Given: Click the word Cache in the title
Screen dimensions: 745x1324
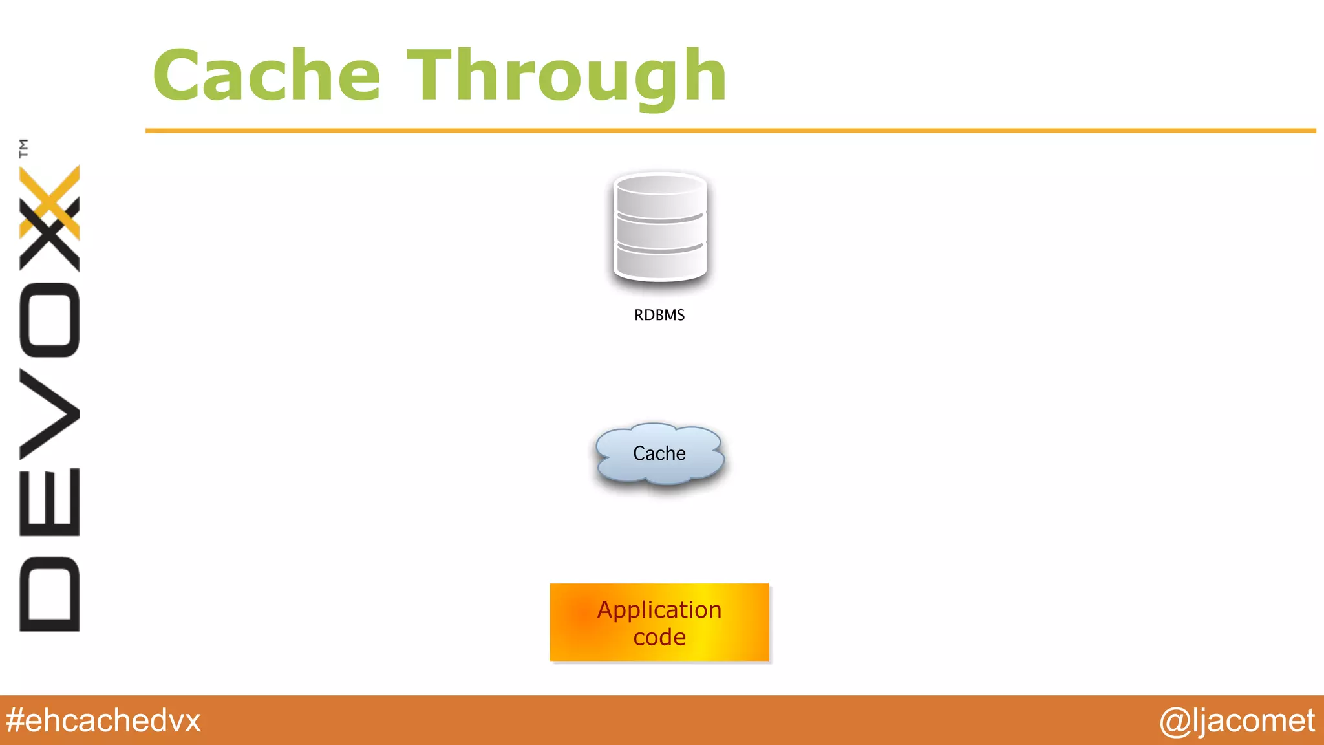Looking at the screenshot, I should (x=266, y=76).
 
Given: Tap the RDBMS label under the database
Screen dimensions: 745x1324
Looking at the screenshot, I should (x=659, y=315).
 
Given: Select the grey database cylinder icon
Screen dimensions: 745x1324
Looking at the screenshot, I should (x=659, y=228).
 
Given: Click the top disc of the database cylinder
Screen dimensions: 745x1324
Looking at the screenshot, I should (x=659, y=194).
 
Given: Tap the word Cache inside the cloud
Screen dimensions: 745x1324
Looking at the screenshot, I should (x=659, y=453).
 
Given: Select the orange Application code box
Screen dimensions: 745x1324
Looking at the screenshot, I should (x=659, y=622).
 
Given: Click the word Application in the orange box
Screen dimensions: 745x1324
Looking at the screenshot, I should (x=659, y=610).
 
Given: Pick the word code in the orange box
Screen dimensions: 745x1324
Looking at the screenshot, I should (x=659, y=638).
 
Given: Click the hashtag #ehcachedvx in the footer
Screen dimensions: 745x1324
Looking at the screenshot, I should (x=103, y=720).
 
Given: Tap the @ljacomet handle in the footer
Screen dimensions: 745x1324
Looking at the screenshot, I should (x=1236, y=720).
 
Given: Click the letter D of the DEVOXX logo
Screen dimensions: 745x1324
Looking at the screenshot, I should (x=50, y=594).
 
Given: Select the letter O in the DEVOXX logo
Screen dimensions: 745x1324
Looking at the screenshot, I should (x=50, y=320).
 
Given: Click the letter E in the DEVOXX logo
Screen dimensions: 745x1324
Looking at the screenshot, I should (x=50, y=502).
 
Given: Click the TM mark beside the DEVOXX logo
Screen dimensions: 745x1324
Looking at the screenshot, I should (x=24, y=148).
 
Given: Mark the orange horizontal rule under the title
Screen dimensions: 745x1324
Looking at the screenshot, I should (x=731, y=131).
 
